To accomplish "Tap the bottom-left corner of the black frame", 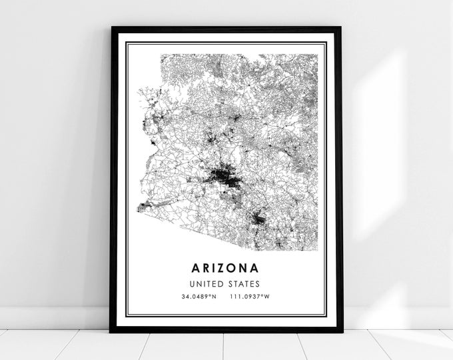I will [x=111, y=331].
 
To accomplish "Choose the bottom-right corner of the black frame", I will [x=342, y=331].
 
